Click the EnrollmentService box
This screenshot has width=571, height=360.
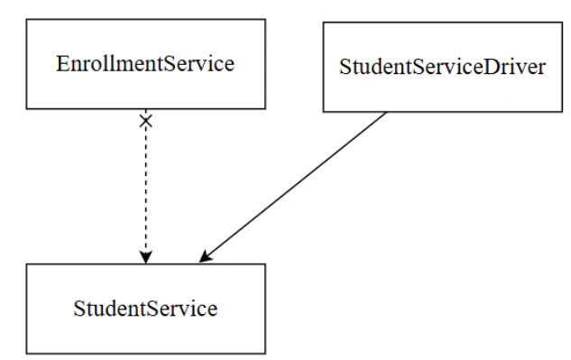pos(145,65)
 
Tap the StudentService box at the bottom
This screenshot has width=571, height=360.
pos(145,309)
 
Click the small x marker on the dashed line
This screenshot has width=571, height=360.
pos(145,121)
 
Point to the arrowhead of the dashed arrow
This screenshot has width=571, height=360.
pos(145,256)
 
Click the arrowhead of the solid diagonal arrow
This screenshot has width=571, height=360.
pos(205,259)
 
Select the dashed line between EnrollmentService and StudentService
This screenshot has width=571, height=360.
pos(145,189)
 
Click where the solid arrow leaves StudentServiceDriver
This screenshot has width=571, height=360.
pos(388,112)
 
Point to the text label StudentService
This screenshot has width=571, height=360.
pos(145,309)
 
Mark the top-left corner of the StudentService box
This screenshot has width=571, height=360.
pos(26,264)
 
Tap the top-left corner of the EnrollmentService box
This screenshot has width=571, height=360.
pos(26,20)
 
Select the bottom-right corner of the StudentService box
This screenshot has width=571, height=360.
pos(265,353)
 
